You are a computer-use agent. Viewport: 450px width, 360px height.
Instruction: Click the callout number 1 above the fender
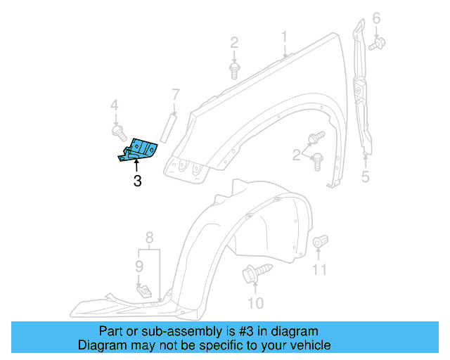click(x=285, y=36)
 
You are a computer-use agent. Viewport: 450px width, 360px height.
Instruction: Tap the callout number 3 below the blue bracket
click(x=137, y=181)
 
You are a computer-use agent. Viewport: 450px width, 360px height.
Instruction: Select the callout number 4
click(x=113, y=106)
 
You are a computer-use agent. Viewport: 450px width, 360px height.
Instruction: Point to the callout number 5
click(x=365, y=176)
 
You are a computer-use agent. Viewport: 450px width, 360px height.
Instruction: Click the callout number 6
click(x=376, y=18)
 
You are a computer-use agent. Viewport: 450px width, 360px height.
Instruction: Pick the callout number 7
click(x=176, y=93)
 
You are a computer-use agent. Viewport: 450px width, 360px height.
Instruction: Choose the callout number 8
click(x=149, y=237)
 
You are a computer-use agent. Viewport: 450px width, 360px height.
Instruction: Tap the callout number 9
click(x=139, y=266)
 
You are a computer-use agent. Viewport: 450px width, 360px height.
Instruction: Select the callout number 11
click(x=320, y=269)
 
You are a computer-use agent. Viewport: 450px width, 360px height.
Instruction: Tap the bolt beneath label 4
click(x=117, y=131)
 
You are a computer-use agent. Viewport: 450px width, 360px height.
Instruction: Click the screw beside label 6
click(x=377, y=44)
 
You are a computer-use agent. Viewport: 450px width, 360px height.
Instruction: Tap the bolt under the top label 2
click(x=234, y=69)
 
